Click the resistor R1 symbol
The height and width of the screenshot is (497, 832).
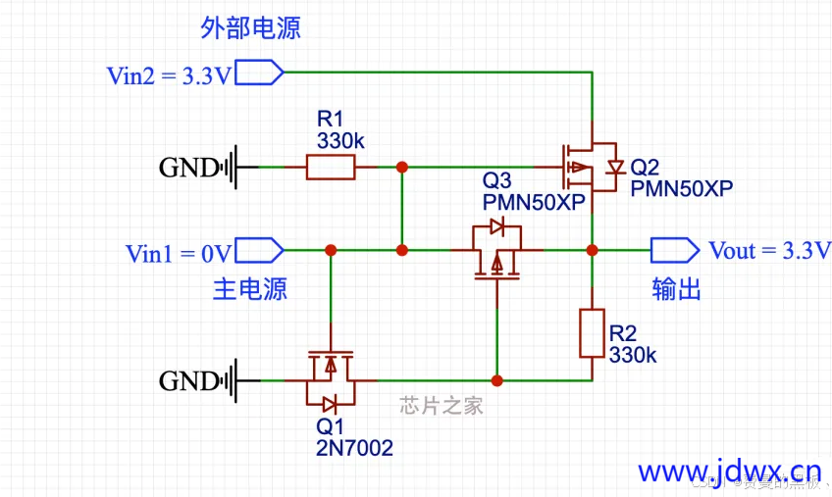point(331,168)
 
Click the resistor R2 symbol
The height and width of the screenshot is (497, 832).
point(592,333)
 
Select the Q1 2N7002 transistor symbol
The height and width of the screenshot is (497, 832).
point(331,379)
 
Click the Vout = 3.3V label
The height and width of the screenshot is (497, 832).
point(769,250)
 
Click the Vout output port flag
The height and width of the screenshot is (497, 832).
point(674,250)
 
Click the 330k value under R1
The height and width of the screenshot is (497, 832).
point(339,141)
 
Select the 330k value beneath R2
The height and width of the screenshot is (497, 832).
point(633,355)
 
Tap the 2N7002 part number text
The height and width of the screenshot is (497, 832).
point(354,448)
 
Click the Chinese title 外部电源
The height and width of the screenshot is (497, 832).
point(250,27)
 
